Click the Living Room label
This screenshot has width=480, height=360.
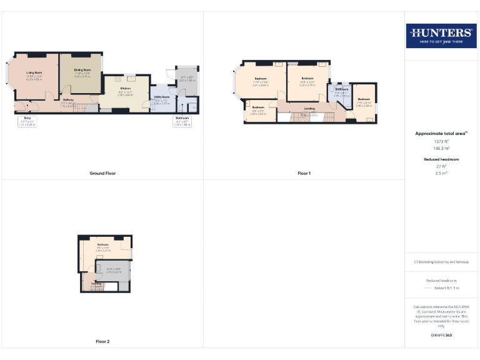(x=34, y=72)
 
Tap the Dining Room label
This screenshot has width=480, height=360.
(x=82, y=69)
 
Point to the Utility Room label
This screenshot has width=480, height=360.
(x=162, y=97)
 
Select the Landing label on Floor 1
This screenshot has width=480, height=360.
(x=309, y=109)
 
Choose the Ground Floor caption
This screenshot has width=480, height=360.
(x=102, y=173)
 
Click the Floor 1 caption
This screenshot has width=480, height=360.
(x=304, y=173)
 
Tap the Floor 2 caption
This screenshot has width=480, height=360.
(x=102, y=342)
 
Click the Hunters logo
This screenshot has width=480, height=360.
(x=441, y=35)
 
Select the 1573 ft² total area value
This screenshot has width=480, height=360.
(x=441, y=141)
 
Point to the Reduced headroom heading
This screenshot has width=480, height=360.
(x=441, y=159)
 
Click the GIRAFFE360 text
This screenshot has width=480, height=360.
(x=441, y=336)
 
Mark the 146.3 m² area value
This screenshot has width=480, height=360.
(x=441, y=148)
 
